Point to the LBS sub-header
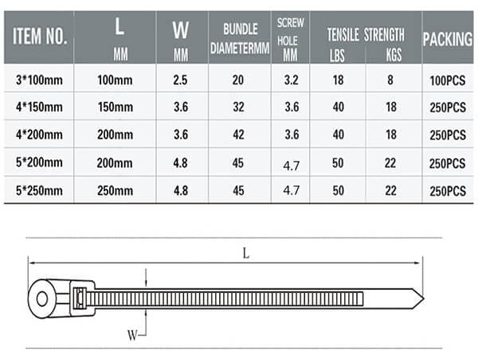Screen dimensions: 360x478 pos(338,52)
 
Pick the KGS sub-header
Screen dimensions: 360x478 pos(393,52)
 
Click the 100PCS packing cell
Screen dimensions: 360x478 pos(446,80)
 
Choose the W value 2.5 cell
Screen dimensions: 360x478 pos(181,80)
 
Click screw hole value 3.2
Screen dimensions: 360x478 pos(291,80)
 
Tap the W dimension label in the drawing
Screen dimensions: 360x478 pos(131,335)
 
